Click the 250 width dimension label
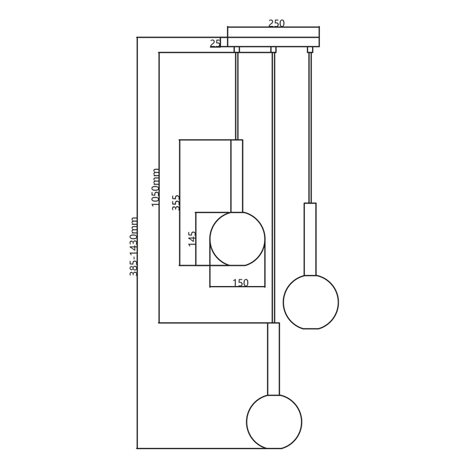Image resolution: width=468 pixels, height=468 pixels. point(276,23)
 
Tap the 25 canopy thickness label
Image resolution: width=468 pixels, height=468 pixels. point(215,44)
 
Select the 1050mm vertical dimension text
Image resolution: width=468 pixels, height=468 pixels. point(155,188)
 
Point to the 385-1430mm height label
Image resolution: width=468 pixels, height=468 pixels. point(134,247)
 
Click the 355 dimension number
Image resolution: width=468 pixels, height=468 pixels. point(175,203)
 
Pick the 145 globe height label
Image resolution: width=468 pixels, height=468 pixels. point(192,239)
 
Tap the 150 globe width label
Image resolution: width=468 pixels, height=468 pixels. point(240,283)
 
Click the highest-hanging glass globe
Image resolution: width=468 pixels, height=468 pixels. point(237,239)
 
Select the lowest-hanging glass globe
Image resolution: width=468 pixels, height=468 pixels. point(274,421)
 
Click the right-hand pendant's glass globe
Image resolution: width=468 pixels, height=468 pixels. point(311,302)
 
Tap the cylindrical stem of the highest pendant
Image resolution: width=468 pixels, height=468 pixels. point(237,175)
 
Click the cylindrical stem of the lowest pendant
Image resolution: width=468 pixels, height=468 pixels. point(274,359)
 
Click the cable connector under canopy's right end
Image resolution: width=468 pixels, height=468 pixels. point(310,49)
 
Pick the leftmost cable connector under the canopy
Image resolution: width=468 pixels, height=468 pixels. point(237,49)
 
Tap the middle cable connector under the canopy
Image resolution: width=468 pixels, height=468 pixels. point(274,49)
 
